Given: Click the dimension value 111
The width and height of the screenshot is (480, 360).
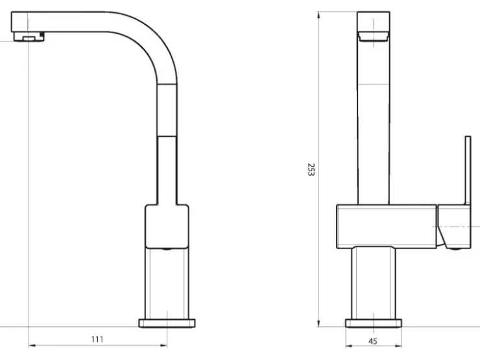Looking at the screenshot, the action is click(97, 339).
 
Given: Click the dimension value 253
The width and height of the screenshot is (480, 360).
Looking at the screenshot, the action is click(311, 169).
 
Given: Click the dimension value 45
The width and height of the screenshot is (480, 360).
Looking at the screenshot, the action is click(372, 341).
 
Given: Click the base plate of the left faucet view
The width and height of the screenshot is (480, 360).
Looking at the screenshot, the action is click(167, 323).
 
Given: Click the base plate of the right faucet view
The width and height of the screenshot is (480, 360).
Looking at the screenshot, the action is click(374, 323).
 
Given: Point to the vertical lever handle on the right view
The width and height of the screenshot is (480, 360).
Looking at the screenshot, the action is click(468, 170).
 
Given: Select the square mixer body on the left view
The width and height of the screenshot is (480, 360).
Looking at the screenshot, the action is click(167, 226).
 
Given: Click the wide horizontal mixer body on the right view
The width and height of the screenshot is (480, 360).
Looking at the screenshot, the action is click(387, 226).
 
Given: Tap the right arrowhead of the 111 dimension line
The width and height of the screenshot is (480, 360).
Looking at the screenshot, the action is click(164, 346).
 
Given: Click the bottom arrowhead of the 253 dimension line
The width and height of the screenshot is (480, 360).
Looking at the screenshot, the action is click(318, 323).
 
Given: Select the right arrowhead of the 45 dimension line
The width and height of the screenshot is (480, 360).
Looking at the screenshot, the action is click(398, 346).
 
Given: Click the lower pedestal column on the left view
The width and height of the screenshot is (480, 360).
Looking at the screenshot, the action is click(167, 283).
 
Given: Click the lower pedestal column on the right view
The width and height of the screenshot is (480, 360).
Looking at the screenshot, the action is click(374, 283).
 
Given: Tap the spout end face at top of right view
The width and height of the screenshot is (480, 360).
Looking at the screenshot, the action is click(374, 21).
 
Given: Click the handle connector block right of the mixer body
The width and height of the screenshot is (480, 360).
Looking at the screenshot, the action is click(454, 226).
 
